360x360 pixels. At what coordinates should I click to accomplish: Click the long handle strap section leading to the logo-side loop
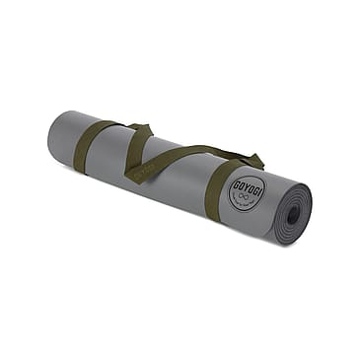pyautogui.click(x=197, y=155)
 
